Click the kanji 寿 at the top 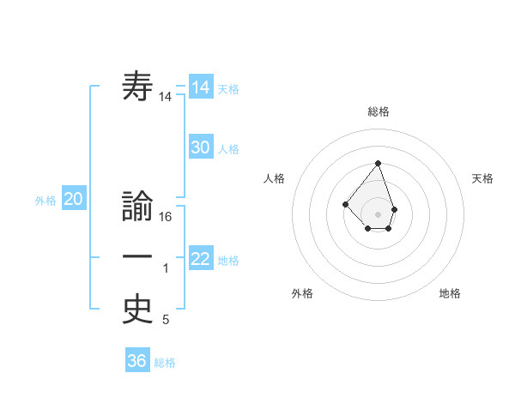pos(137,87)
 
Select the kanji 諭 pos(137,206)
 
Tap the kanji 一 pos(137,257)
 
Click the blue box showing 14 pos(201,87)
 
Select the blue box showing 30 pos(201,147)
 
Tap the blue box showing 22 pos(201,259)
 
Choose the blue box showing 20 pos(73,200)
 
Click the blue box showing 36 pos(137,361)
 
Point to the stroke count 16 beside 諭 pos(167,217)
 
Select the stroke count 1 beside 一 pos(166,269)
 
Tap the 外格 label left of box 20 pos(45,201)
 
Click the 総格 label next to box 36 pos(165,363)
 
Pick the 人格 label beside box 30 pos(228,149)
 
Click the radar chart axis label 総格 pos(378,111)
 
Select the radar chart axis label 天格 pos(483,178)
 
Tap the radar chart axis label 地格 pos(450,293)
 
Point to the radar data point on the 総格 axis pos(378,163)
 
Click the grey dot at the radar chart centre pos(378,214)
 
